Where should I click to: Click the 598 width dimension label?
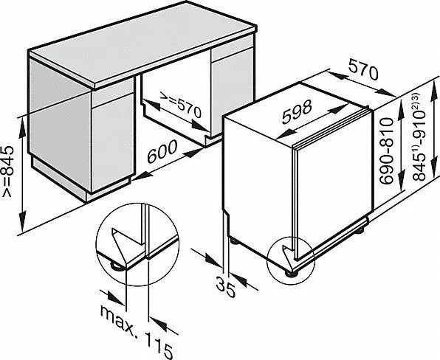coord(297,111)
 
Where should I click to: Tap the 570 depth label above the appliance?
coord(363,70)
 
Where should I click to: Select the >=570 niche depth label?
coord(180,104)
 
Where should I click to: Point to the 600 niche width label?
coord(162,151)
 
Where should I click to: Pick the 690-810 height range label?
coord(386,151)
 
